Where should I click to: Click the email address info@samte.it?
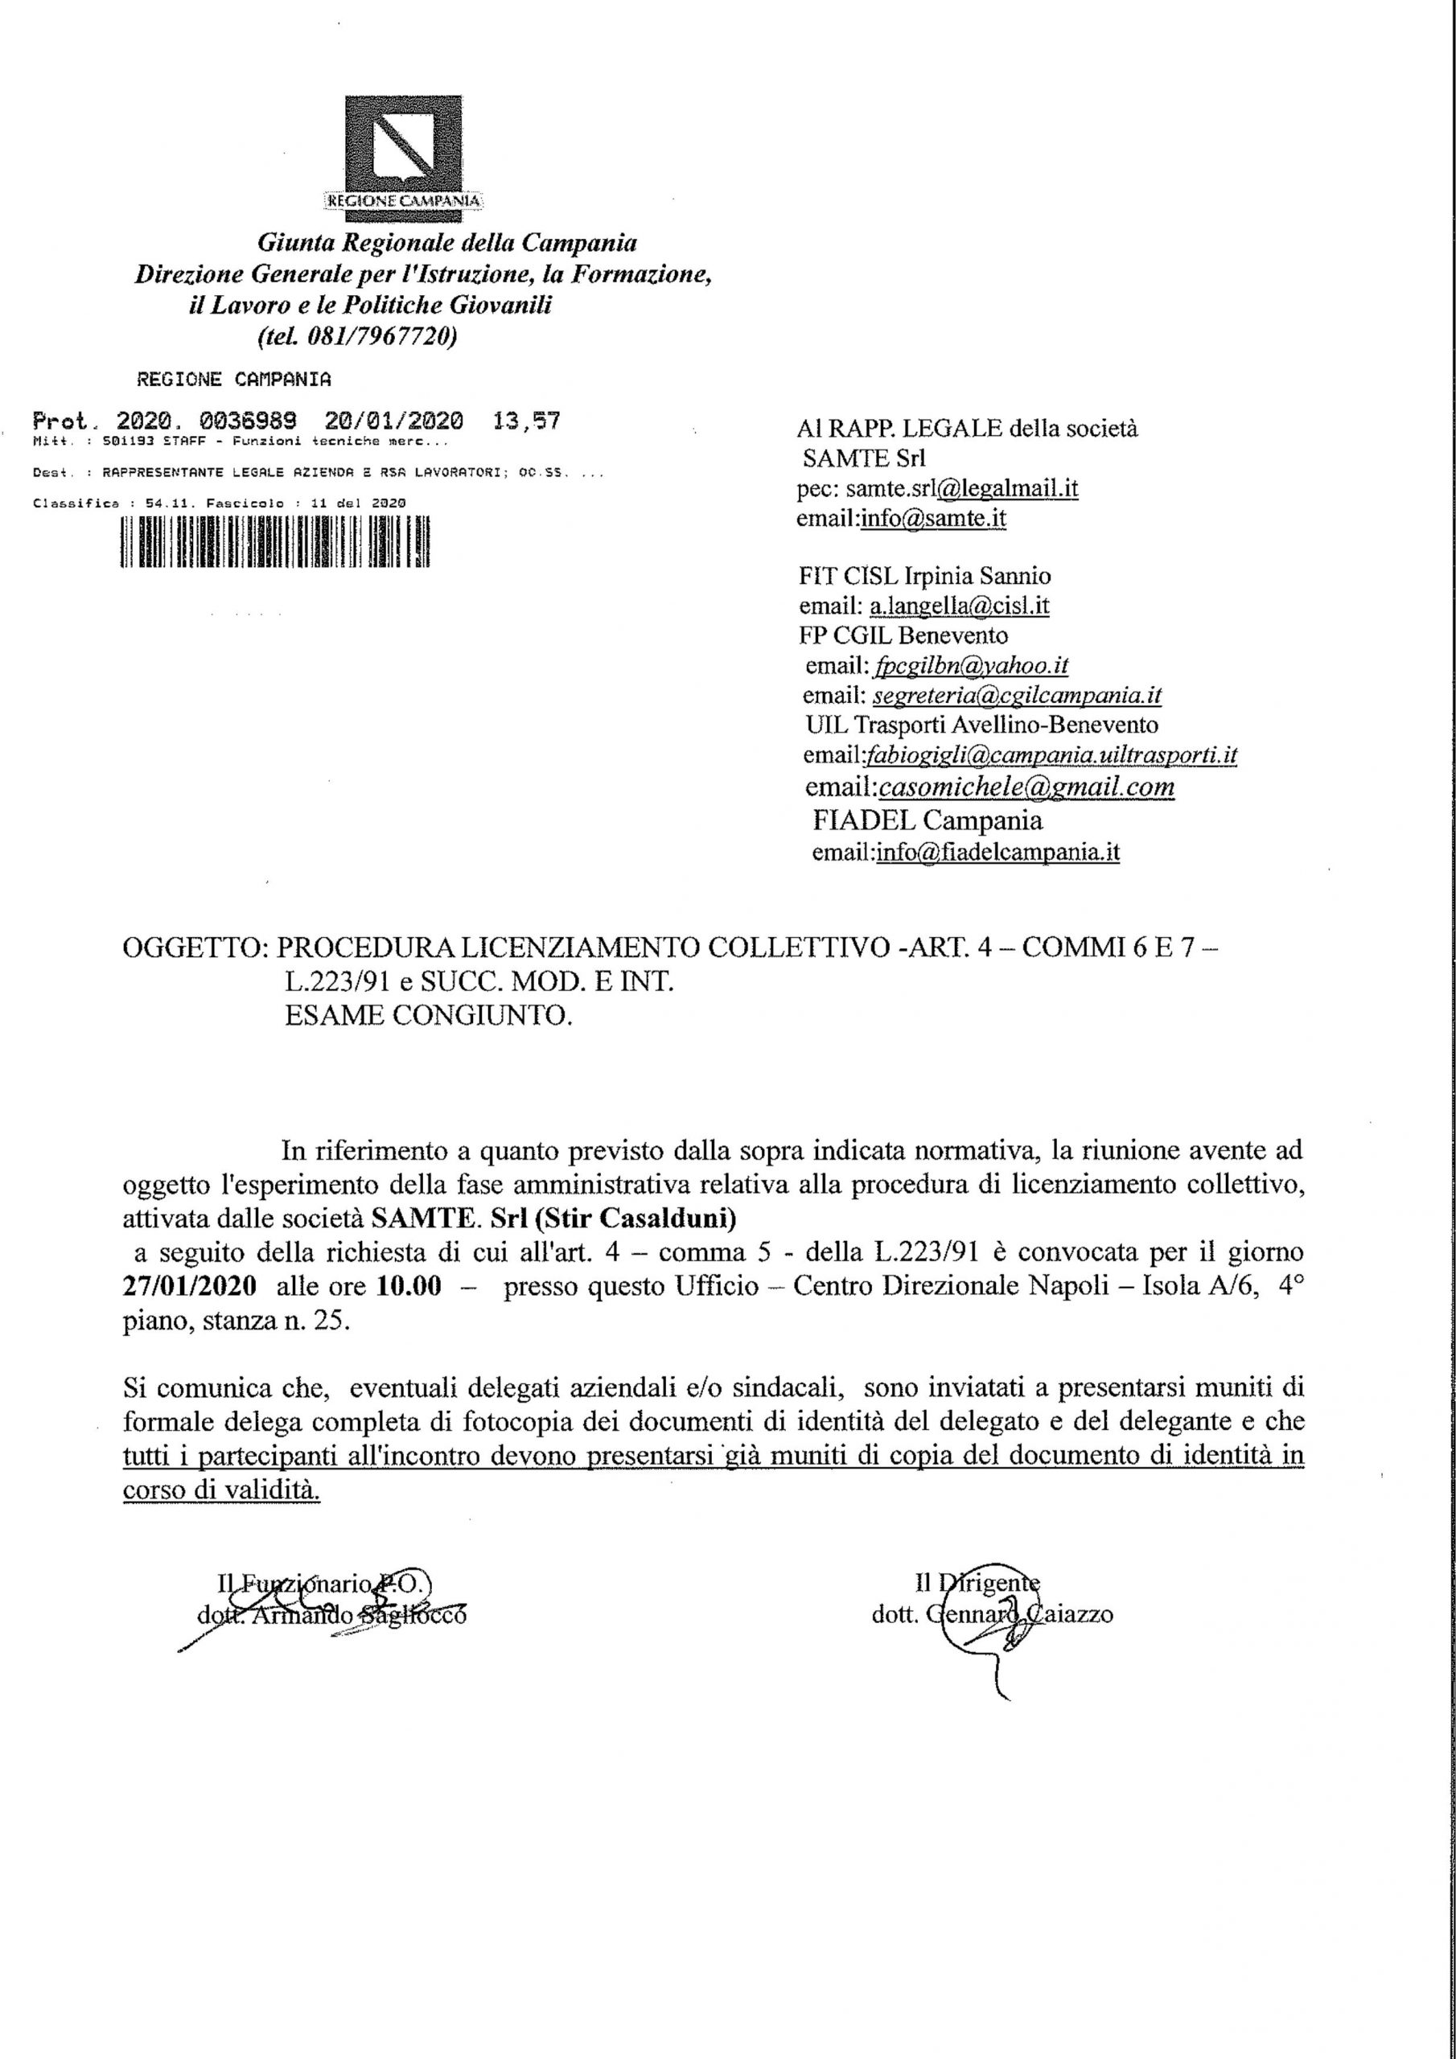click(x=933, y=518)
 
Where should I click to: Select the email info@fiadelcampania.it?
click(x=997, y=852)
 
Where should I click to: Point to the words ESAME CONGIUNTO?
click(x=428, y=1016)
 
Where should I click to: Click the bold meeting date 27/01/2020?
click(x=189, y=1286)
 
